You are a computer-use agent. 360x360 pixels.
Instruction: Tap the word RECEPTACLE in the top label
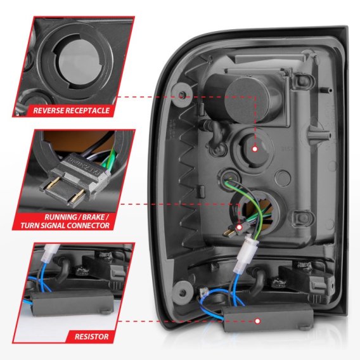click(87, 110)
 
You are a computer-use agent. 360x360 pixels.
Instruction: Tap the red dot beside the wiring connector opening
click(240, 226)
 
